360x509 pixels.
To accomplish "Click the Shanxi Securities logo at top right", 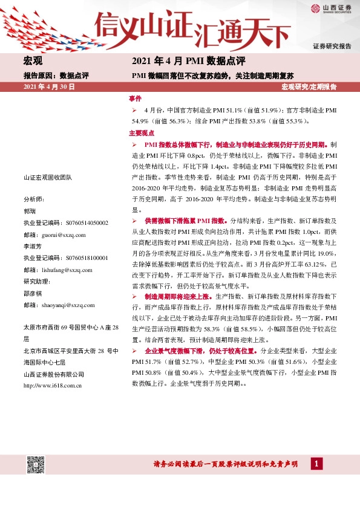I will pos(331,8).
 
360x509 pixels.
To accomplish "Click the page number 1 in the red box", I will pos(316,464).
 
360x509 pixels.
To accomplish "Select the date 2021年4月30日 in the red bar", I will pos(48,88).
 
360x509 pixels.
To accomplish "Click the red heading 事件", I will pos(135,98).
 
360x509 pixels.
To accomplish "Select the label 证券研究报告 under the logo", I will pos(332,47).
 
